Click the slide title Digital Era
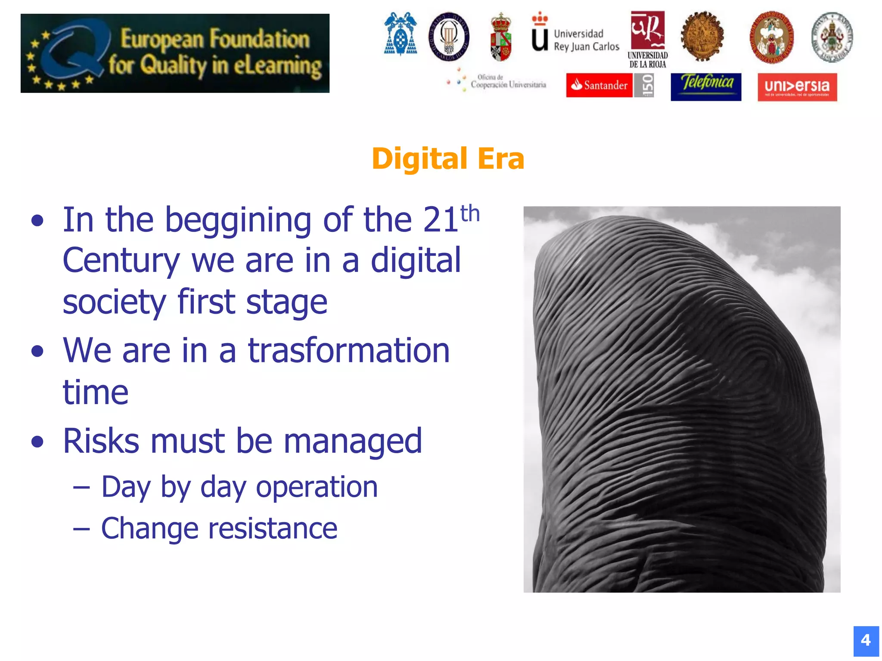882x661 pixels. (x=448, y=159)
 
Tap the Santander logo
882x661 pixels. (x=599, y=85)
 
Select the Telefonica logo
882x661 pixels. (x=706, y=86)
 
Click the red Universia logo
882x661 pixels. (x=797, y=87)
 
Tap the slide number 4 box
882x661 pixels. (x=866, y=640)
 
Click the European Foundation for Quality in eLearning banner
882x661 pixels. (x=175, y=53)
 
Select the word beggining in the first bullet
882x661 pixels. (x=238, y=220)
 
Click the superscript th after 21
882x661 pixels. (x=470, y=213)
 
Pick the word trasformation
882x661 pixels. (x=349, y=350)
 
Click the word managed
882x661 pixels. (x=353, y=442)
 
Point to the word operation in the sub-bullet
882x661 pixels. (x=317, y=488)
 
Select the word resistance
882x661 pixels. (x=273, y=528)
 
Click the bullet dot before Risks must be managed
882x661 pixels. (x=38, y=442)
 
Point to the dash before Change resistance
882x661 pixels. (x=81, y=529)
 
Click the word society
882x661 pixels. (x=115, y=303)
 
